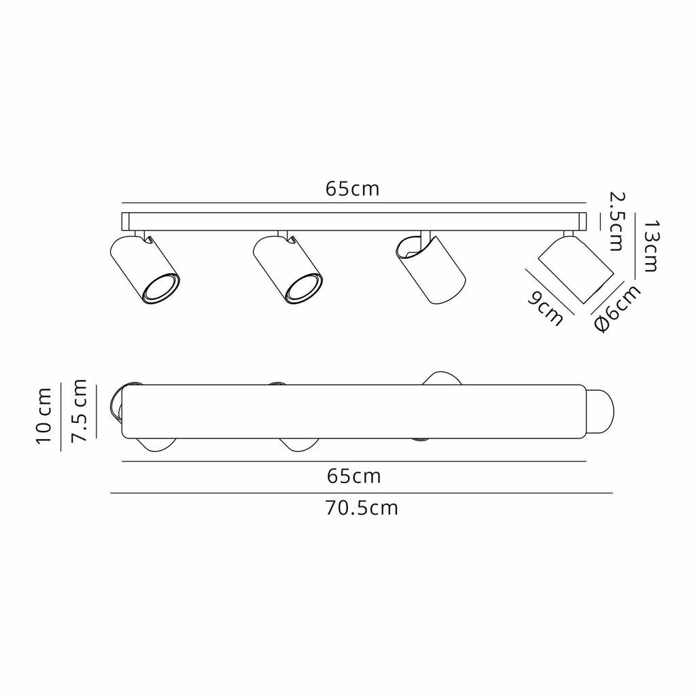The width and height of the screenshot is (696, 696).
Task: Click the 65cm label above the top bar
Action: tap(353, 189)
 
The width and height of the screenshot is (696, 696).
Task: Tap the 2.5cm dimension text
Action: tap(616, 222)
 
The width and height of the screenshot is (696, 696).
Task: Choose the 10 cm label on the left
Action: tap(43, 415)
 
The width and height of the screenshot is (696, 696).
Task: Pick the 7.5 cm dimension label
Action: tap(79, 411)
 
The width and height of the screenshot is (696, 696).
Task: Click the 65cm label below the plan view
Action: tap(353, 476)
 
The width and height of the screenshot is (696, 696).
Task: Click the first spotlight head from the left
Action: tap(144, 270)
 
